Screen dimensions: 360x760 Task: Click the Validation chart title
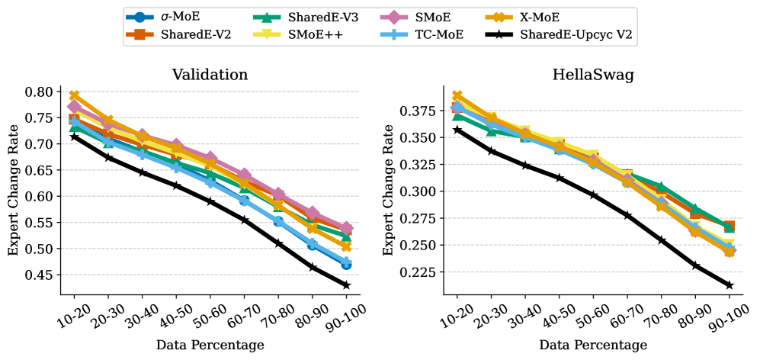[210, 75]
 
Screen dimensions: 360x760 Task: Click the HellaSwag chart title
[593, 75]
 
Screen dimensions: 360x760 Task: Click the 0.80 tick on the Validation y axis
[40, 92]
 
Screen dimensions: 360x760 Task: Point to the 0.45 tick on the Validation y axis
[40, 275]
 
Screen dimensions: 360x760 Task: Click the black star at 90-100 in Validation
[346, 284]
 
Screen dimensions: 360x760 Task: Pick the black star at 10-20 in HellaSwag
[457, 130]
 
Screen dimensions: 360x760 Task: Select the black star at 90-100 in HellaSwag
[730, 284]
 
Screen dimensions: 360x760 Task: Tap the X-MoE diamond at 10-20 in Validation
[74, 96]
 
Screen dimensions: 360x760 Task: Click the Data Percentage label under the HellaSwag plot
[593, 345]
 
